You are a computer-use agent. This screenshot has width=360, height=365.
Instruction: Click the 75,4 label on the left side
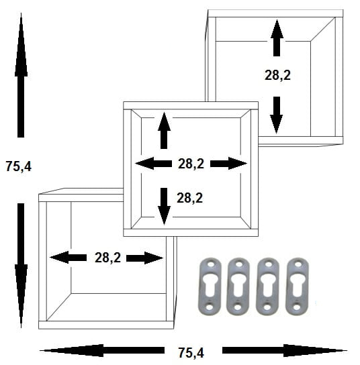18,166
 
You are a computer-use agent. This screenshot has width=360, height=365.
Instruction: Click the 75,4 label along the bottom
191,353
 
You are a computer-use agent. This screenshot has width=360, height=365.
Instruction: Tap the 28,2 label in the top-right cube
277,75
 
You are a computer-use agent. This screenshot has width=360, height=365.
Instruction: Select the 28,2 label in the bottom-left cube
107,258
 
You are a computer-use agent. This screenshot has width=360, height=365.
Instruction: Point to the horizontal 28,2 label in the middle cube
191,164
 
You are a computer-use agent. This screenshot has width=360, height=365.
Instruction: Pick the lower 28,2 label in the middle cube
189,198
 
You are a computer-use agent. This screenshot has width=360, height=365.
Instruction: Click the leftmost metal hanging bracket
210,286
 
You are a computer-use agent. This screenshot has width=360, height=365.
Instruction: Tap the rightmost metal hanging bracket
297,286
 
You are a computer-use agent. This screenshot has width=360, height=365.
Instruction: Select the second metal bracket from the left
238,286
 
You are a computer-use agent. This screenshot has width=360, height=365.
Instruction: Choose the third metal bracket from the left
267,286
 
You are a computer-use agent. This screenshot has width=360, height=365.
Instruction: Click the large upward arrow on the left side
21,75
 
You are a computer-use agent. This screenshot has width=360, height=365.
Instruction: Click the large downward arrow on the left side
21,266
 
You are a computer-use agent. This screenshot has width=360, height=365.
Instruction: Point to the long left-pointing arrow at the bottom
102,350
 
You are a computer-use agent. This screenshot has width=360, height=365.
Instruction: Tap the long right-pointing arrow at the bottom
285,350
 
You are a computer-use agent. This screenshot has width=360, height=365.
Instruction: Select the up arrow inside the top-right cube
277,38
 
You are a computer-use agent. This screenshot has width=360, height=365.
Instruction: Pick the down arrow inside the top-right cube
277,115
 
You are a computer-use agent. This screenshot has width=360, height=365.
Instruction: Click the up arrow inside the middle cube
164,130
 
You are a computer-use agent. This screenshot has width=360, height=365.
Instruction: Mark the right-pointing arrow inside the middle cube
228,164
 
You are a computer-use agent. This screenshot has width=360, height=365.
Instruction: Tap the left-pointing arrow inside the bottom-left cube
69,258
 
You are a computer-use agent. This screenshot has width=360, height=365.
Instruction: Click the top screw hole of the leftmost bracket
211,264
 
